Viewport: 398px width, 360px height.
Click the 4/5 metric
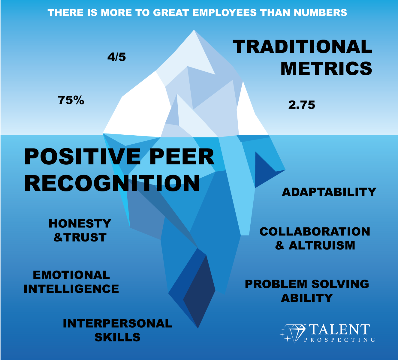click(117, 57)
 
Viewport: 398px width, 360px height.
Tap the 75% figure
click(71, 100)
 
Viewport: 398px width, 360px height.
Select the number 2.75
click(302, 105)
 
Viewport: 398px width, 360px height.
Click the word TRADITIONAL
click(303, 47)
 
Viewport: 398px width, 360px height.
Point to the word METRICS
click(326, 68)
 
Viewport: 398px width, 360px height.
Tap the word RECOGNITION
click(112, 183)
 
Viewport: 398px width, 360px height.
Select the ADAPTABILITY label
click(329, 192)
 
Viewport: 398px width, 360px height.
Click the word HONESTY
click(80, 224)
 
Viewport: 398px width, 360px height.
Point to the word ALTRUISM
click(322, 245)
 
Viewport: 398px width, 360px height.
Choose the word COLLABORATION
click(315, 232)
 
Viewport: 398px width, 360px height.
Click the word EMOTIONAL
click(71, 275)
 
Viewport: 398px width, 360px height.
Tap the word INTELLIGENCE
click(71, 289)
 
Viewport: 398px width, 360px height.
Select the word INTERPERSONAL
click(118, 323)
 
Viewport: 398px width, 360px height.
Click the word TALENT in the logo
click(339, 329)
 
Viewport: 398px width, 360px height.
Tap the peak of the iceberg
click(194, 31)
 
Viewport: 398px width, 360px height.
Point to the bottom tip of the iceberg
click(198, 327)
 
